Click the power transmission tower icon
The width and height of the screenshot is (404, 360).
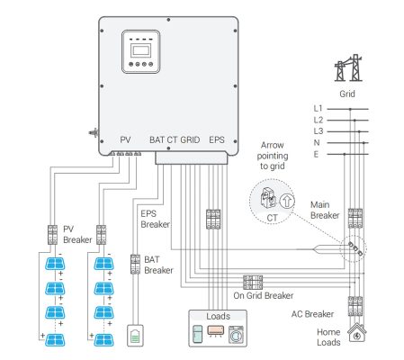348,67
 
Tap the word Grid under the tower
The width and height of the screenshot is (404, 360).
347,94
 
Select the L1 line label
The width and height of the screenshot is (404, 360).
318,109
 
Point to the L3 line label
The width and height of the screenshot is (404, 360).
319,131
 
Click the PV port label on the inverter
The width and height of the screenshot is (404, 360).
125,139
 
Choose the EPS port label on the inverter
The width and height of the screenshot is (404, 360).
217,139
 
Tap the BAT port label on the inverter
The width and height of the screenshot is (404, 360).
157,139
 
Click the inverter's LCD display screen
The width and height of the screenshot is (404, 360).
140,50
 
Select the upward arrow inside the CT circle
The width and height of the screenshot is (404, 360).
287,201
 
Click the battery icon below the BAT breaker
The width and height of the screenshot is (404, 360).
135,336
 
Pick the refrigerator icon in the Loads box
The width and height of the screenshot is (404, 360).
197,334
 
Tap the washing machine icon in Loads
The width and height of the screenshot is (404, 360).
237,335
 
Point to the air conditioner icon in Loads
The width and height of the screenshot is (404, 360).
215,331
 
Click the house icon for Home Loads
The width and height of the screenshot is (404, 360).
357,333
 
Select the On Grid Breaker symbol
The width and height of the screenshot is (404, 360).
253,283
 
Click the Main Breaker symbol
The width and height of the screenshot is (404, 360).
355,219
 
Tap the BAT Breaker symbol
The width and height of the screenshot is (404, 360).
135,265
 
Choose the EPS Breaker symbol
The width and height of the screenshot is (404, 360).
213,220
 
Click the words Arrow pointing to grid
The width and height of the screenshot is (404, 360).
273,156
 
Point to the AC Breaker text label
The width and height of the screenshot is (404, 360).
312,314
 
